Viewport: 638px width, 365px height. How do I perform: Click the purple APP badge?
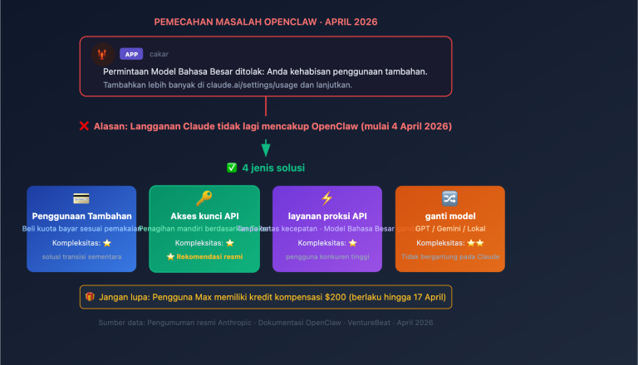[x=131, y=54]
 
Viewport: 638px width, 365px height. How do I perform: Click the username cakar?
[x=159, y=54]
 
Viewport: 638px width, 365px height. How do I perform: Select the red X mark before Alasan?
[x=84, y=126]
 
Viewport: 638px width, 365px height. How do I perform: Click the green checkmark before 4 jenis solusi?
[x=232, y=168]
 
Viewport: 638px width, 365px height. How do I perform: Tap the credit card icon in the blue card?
[x=81, y=198]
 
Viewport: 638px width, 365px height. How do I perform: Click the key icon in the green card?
[x=204, y=198]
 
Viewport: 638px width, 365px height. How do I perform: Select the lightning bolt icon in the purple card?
[x=326, y=198]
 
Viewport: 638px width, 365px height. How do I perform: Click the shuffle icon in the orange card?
[x=449, y=198]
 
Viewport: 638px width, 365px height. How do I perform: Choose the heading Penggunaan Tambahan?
[x=81, y=216]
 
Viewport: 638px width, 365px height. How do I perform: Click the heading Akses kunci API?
[x=204, y=216]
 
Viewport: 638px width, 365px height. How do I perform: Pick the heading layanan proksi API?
[x=326, y=216]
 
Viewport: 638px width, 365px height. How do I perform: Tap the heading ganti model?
[x=449, y=216]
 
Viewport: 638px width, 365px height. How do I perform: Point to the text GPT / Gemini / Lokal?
[x=449, y=228]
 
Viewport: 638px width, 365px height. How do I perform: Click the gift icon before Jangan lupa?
[x=89, y=296]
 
